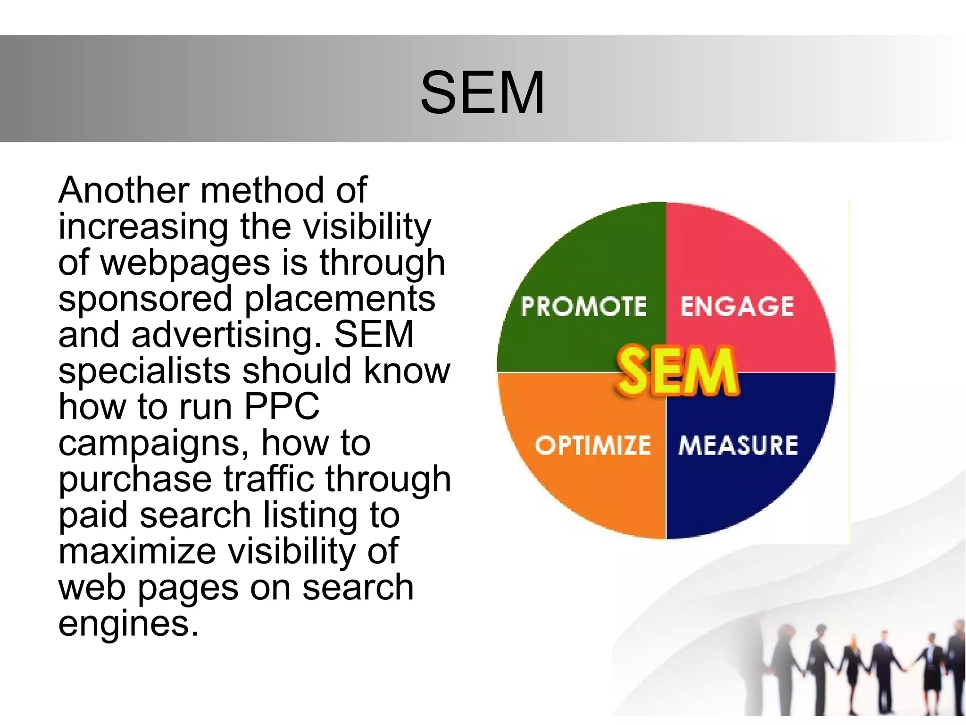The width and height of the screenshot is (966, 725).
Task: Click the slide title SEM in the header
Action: coord(482,92)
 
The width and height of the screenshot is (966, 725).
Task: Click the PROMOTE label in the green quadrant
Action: coord(583,306)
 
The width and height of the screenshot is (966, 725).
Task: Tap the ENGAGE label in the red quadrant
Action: coord(737,306)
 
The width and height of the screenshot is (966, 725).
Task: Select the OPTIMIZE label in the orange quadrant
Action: coord(592,445)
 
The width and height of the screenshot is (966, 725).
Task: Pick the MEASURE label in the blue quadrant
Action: coord(738,445)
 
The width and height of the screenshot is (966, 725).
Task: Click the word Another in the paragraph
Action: coord(124,190)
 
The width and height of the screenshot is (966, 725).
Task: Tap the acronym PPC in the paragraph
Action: coord(282,406)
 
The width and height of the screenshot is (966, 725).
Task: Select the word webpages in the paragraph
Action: coord(185,263)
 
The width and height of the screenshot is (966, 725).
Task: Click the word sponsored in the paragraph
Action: coord(145,299)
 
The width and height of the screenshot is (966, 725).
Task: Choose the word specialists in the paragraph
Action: coord(144,371)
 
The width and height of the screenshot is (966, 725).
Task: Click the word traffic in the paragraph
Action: coord(269,479)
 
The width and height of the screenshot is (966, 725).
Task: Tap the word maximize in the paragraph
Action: coord(137,551)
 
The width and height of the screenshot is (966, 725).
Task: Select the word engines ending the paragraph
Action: coord(128,624)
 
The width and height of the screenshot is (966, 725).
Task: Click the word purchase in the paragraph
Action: coord(135,479)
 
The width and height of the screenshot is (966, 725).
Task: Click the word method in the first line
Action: coord(262,190)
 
